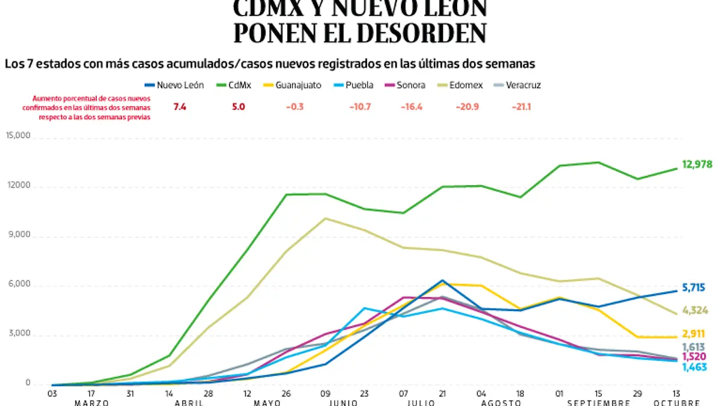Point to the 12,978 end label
(696, 164)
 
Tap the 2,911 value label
(694, 334)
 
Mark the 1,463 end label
(694, 366)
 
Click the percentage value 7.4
(180, 106)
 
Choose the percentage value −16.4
(412, 106)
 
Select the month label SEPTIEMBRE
(598, 402)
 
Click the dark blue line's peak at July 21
(442, 280)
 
